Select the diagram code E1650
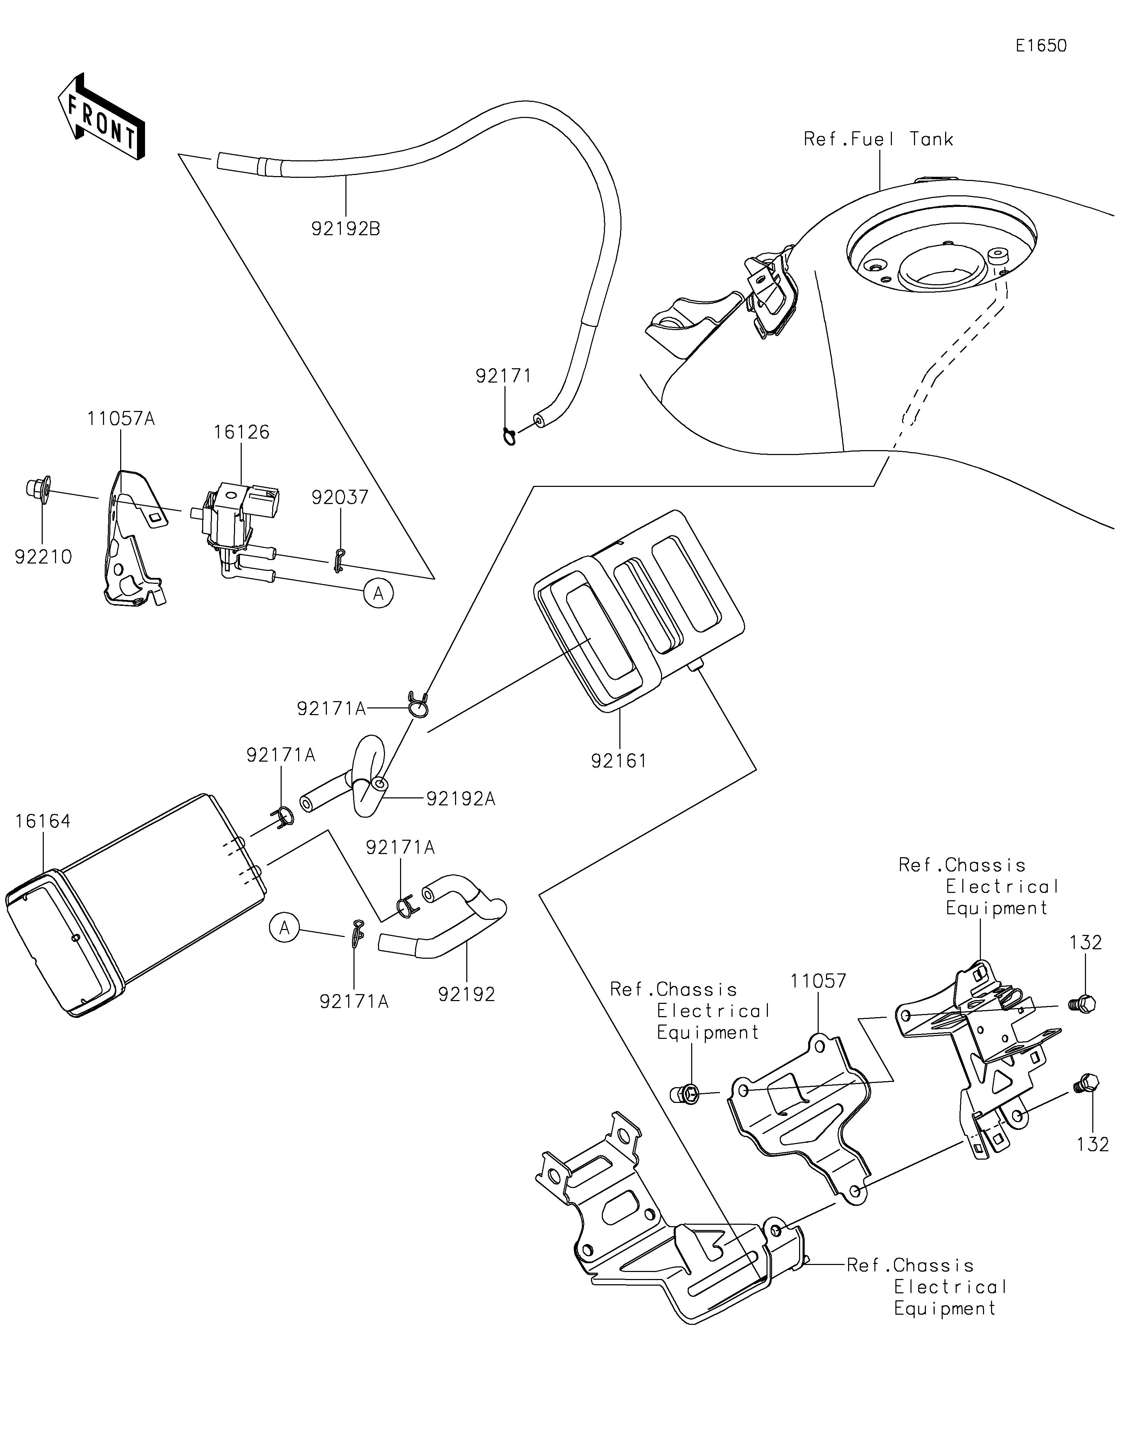[x=1041, y=46]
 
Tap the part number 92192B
[x=345, y=229]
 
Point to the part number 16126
[x=241, y=432]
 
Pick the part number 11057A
[x=121, y=419]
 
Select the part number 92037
[x=340, y=498]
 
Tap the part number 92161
[x=619, y=761]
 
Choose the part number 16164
[x=42, y=822]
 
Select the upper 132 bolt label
[x=1085, y=943]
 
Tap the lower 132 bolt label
[x=1093, y=1144]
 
